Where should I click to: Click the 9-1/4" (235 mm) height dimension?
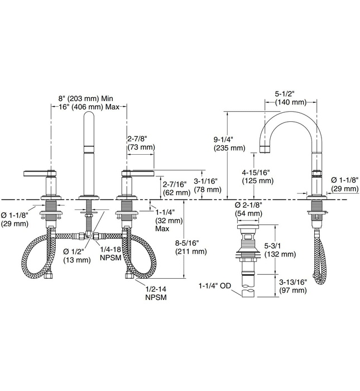click(229, 144)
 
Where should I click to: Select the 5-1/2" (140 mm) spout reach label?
click(291, 98)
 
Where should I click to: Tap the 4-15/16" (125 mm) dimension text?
click(258, 177)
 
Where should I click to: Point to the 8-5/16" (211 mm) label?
click(191, 247)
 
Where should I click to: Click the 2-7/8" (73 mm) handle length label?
click(141, 143)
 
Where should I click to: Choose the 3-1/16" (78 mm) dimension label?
click(208, 185)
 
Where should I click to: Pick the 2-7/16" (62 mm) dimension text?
click(176, 188)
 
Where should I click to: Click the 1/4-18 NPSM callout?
click(111, 254)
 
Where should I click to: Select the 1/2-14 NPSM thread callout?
click(156, 293)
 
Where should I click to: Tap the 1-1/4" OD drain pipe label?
click(215, 286)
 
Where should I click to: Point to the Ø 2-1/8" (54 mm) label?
click(248, 209)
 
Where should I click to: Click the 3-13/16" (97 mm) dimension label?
click(293, 286)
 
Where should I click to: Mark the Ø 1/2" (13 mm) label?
click(76, 256)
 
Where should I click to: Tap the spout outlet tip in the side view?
click(265, 150)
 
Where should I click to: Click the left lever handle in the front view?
click(40, 173)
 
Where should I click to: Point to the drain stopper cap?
click(248, 226)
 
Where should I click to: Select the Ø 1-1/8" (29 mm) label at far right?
click(345, 184)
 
